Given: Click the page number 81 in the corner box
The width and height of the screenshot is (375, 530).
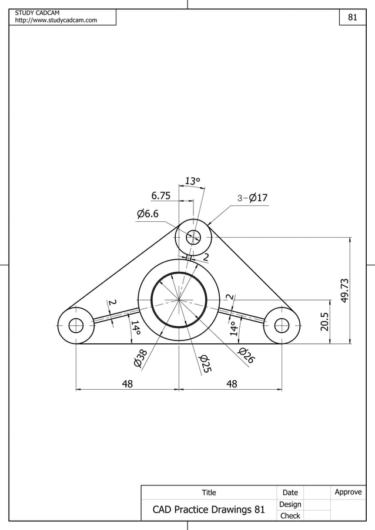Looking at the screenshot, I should pyautogui.click(x=353, y=18).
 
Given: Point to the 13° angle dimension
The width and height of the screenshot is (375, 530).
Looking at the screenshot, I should pyautogui.click(x=193, y=181).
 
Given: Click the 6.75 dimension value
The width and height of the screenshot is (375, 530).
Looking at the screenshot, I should pyautogui.click(x=160, y=195).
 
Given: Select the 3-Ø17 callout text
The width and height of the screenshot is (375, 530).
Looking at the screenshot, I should pyautogui.click(x=253, y=198).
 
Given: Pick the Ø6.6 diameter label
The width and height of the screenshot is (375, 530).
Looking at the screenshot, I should pyautogui.click(x=148, y=214).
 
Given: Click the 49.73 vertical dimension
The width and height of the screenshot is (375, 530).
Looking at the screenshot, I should pyautogui.click(x=345, y=291).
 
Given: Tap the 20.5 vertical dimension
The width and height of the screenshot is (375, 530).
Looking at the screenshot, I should pyautogui.click(x=325, y=322).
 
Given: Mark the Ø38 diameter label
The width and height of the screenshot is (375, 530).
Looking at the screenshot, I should pyautogui.click(x=140, y=358).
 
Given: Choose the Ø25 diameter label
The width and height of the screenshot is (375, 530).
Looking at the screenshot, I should pyautogui.click(x=205, y=363).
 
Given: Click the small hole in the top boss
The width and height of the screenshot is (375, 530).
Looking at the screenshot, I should pyautogui.click(x=193, y=237).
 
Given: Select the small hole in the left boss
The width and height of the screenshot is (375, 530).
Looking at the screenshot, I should pyautogui.click(x=76, y=325).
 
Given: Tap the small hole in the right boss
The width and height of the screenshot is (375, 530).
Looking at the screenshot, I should pyautogui.click(x=282, y=325).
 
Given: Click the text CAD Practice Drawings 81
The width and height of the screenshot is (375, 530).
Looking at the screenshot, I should pyautogui.click(x=209, y=509).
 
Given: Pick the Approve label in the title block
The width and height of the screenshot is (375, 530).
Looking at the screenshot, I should pyautogui.click(x=348, y=492).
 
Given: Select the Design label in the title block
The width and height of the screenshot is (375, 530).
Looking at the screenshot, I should pyautogui.click(x=290, y=504).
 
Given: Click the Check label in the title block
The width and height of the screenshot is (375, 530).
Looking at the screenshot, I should pyautogui.click(x=290, y=516).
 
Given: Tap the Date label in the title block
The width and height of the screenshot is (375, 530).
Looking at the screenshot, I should pyautogui.click(x=290, y=492).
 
